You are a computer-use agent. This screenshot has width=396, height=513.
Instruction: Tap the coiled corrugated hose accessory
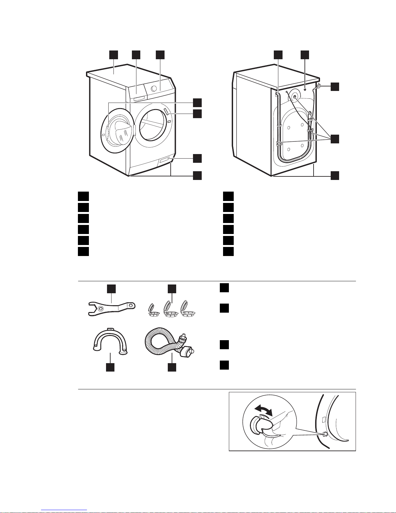tap(162, 343)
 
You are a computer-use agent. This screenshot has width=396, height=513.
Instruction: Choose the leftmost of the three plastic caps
tap(151, 311)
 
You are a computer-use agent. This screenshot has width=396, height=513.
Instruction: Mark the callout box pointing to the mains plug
tap(335, 86)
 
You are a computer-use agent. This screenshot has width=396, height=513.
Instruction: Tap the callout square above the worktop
tap(113, 55)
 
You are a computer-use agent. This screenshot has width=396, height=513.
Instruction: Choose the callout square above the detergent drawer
tap(136, 55)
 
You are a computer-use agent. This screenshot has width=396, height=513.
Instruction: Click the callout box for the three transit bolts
tap(335, 139)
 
